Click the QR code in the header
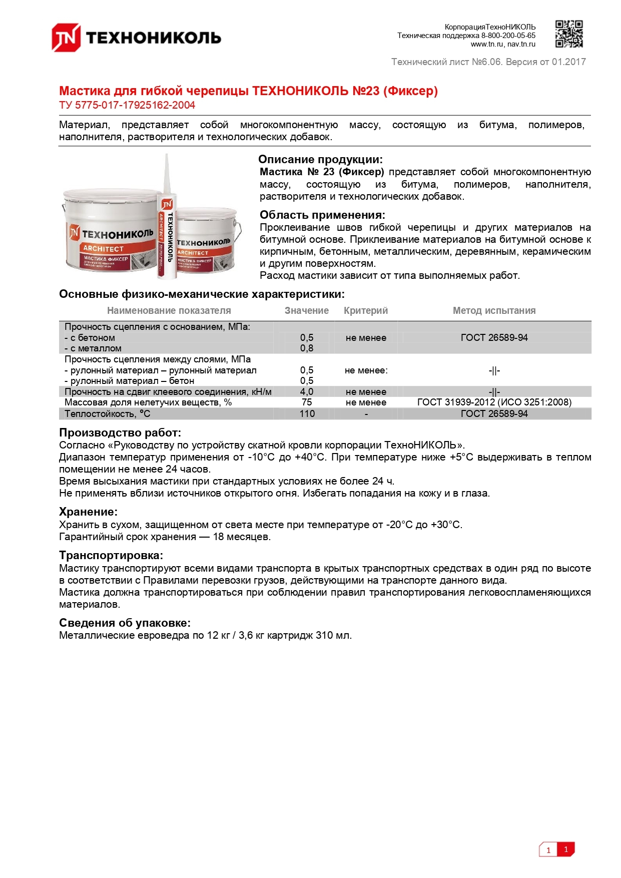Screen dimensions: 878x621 (x=569, y=34)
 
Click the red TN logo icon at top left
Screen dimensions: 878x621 (x=66, y=38)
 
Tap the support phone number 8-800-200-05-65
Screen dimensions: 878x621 (x=508, y=36)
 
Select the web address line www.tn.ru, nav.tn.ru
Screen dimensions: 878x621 (x=502, y=44)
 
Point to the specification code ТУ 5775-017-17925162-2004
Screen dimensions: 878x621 (x=127, y=105)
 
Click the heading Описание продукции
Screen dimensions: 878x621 (x=320, y=160)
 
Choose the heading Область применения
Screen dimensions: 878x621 (x=322, y=215)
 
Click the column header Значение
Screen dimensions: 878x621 (x=306, y=310)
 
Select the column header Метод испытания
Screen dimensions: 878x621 (x=494, y=310)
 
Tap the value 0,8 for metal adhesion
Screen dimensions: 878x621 (x=307, y=348)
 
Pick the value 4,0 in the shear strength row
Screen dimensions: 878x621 (x=307, y=392)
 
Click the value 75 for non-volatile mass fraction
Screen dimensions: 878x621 (x=307, y=402)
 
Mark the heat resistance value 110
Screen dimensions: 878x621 (x=307, y=414)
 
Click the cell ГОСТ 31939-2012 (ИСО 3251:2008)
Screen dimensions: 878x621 (x=494, y=402)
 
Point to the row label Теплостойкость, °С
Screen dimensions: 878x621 (x=108, y=414)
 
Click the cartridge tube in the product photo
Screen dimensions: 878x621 (x=167, y=225)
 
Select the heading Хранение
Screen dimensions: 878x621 (x=88, y=512)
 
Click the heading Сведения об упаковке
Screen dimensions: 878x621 (x=125, y=623)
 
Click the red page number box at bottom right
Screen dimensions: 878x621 (x=566, y=849)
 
